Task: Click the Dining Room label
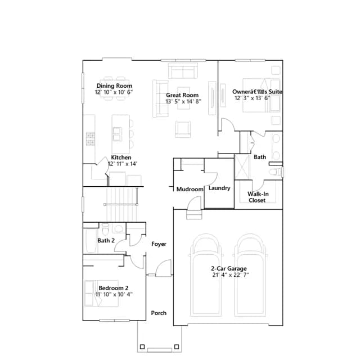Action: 114,86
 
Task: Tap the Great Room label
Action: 182,95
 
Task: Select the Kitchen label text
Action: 121,157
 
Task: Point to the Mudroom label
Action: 190,189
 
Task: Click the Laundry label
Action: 219,188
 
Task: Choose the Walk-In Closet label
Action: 258,197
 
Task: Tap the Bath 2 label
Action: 106,241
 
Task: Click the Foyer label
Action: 159,244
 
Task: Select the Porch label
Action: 159,313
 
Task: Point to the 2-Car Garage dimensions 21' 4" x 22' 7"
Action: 231,275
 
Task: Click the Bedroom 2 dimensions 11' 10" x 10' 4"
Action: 114,294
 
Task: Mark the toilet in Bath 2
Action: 105,229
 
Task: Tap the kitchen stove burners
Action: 90,139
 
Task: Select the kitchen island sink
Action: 118,134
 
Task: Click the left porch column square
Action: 142,346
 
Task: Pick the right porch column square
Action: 177,346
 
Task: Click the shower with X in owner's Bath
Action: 242,167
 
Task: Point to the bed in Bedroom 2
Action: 101,293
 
